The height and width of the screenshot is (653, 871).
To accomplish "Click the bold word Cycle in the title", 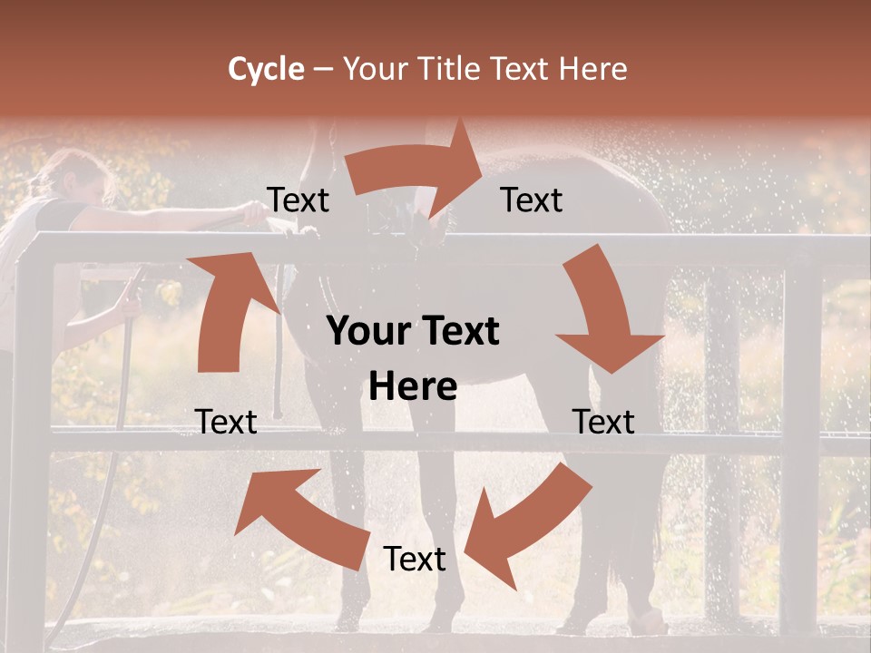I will pos(266,69).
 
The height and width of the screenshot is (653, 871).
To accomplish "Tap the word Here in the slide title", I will pos(593,69).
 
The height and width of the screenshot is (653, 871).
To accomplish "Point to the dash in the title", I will pos(323,70).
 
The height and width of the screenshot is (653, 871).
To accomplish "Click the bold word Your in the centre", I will pos(366,332).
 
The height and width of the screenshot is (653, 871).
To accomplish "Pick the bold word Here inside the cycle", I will pos(413,387).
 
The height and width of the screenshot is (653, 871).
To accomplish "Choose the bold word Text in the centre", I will pos(459,332).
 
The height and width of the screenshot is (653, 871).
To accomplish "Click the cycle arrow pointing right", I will pos(417,169).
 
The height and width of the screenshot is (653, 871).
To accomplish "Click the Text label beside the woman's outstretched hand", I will pos(298,200).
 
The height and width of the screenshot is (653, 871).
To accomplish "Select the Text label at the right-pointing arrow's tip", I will pos(532,200).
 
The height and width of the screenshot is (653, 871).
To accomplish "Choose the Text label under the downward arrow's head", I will pos(603,422).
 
